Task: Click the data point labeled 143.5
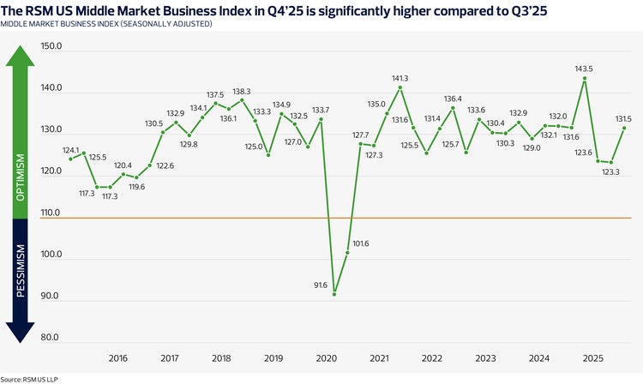585,78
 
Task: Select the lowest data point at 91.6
334,294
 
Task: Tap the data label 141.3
400,78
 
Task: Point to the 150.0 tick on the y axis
51,46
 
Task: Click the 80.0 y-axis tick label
50,337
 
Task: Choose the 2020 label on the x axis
327,358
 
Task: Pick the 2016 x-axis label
118,358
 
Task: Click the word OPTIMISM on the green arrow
20,177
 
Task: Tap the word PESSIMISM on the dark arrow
20,271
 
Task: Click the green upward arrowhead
20,57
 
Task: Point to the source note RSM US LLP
40,380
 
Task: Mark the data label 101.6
360,243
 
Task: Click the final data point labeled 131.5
624,128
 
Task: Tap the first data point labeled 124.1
70,159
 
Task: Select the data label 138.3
242,92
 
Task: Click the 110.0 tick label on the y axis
51,213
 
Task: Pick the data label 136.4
453,99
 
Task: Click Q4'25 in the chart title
285,10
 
